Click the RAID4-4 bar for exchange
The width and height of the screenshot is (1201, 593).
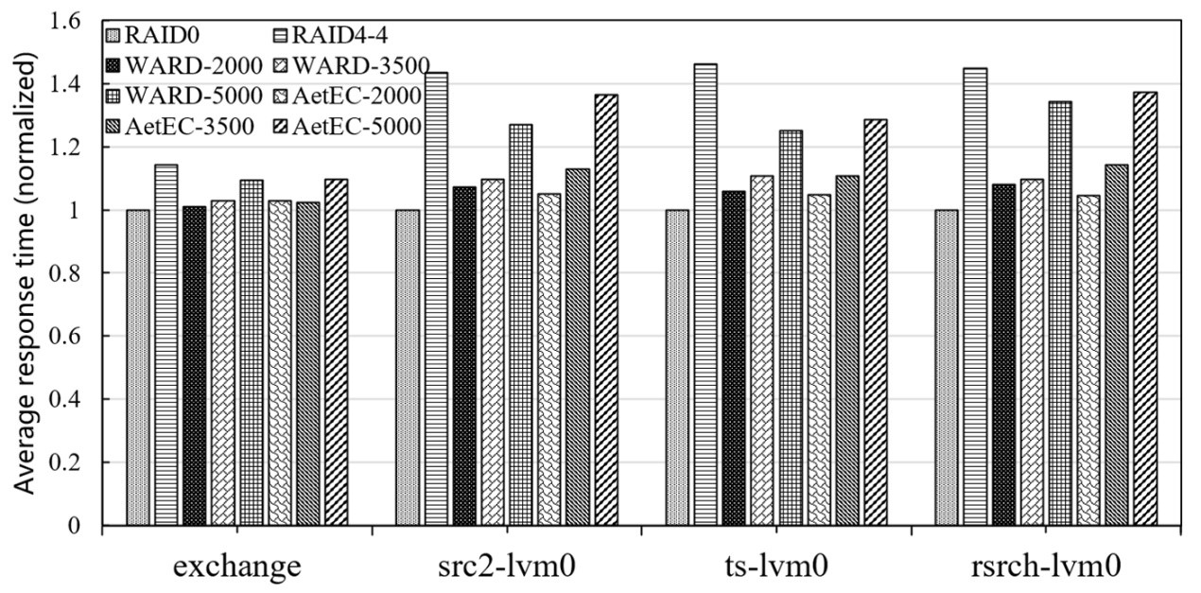coord(166,344)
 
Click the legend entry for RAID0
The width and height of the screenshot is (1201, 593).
coord(162,37)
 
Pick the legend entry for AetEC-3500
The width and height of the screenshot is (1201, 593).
coord(180,126)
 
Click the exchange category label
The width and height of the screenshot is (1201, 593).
coord(237,567)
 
